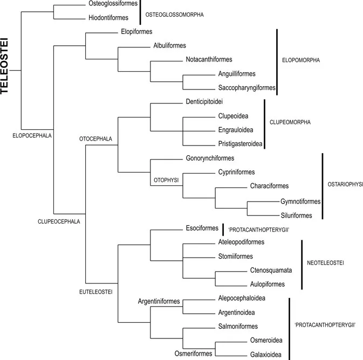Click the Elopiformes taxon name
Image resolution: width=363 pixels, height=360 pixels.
[x=138, y=32]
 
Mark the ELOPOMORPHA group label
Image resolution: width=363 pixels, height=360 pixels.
[x=301, y=60]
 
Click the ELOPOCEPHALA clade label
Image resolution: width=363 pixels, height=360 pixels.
[x=31, y=135]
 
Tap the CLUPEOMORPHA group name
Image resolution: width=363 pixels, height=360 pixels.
[x=290, y=122]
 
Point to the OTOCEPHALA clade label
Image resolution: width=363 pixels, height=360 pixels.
[x=95, y=139]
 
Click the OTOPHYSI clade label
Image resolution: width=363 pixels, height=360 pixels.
[x=165, y=177]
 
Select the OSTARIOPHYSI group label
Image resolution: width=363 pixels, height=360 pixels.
[x=345, y=184]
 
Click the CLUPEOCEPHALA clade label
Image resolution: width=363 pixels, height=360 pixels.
[x=59, y=220]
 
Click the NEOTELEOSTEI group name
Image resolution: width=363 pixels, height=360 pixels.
[x=326, y=263]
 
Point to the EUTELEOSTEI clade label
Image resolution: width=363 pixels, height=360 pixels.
[x=95, y=292]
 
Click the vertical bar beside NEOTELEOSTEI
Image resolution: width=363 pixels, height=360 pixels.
[x=301, y=264]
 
